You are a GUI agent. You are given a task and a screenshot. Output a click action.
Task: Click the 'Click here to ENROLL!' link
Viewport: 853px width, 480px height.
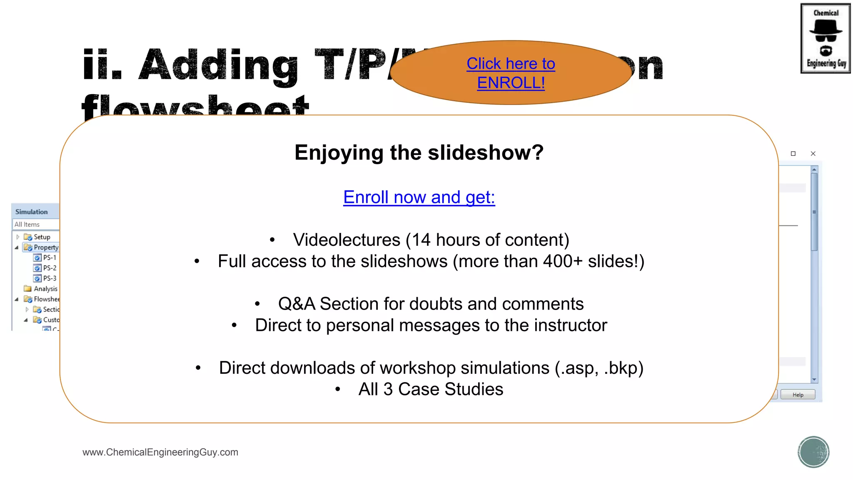pyautogui.click(x=511, y=73)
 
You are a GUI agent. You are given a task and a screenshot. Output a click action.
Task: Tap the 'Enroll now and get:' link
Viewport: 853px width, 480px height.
pyautogui.click(x=419, y=197)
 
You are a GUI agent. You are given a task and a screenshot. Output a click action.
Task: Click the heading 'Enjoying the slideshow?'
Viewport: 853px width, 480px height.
pyautogui.click(x=419, y=152)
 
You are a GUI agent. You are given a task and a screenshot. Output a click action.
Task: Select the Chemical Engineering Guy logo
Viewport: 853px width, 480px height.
pyautogui.click(x=825, y=38)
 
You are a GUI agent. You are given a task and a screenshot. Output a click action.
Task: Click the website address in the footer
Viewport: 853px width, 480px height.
pyautogui.click(x=160, y=452)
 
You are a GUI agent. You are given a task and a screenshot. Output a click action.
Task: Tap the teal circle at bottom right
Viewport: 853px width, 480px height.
pyautogui.click(x=813, y=452)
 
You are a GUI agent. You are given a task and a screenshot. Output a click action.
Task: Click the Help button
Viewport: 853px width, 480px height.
pyautogui.click(x=798, y=395)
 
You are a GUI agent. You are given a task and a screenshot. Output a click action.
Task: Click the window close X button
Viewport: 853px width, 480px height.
pyautogui.click(x=813, y=154)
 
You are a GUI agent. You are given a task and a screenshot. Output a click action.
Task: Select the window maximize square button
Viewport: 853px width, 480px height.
pyautogui.click(x=793, y=154)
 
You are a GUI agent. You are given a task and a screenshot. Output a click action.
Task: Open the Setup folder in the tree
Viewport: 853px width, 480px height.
pyautogui.click(x=42, y=237)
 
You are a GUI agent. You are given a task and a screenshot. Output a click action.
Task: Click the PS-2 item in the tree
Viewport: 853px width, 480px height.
pyautogui.click(x=49, y=268)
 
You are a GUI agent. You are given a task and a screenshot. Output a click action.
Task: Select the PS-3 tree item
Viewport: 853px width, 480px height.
pyautogui.click(x=49, y=278)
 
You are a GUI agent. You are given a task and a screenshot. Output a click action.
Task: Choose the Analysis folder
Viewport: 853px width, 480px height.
pyautogui.click(x=45, y=289)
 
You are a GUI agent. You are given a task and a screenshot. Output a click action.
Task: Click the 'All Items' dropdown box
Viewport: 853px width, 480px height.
pyautogui.click(x=35, y=224)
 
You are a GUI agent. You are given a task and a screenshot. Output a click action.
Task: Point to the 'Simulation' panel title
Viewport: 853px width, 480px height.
pyautogui.click(x=32, y=212)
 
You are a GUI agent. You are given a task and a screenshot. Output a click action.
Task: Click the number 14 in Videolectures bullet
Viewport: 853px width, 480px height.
pyautogui.click(x=422, y=240)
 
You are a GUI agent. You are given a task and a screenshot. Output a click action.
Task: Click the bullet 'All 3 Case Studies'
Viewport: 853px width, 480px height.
pyautogui.click(x=431, y=389)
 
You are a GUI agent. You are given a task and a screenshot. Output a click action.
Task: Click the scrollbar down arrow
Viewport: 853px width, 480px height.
pyautogui.click(x=814, y=380)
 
